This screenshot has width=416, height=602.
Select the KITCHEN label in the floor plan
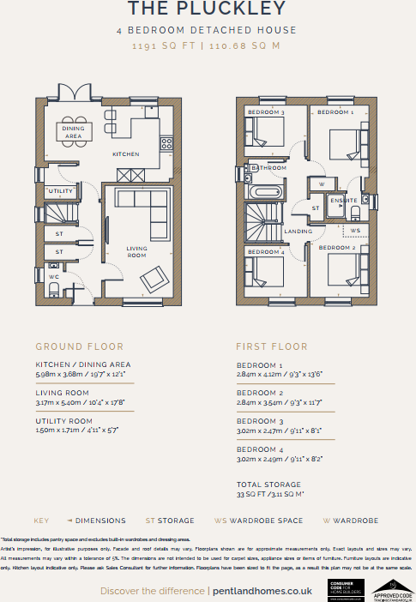pos(125,154)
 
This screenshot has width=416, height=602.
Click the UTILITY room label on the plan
pos(60,191)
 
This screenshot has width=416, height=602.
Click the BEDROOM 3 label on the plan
pos(265,113)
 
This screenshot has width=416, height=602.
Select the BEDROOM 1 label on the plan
pos(335,112)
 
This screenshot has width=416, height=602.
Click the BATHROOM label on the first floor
pos(268,168)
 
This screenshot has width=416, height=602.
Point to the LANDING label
pos(298,232)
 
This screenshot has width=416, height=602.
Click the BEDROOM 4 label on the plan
pos(265,252)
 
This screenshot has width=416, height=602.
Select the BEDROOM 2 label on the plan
pos(337,248)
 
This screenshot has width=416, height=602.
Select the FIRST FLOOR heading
pos(271,347)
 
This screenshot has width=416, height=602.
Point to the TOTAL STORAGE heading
pos(270,485)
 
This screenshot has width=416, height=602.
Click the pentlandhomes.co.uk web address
pos(262,591)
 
